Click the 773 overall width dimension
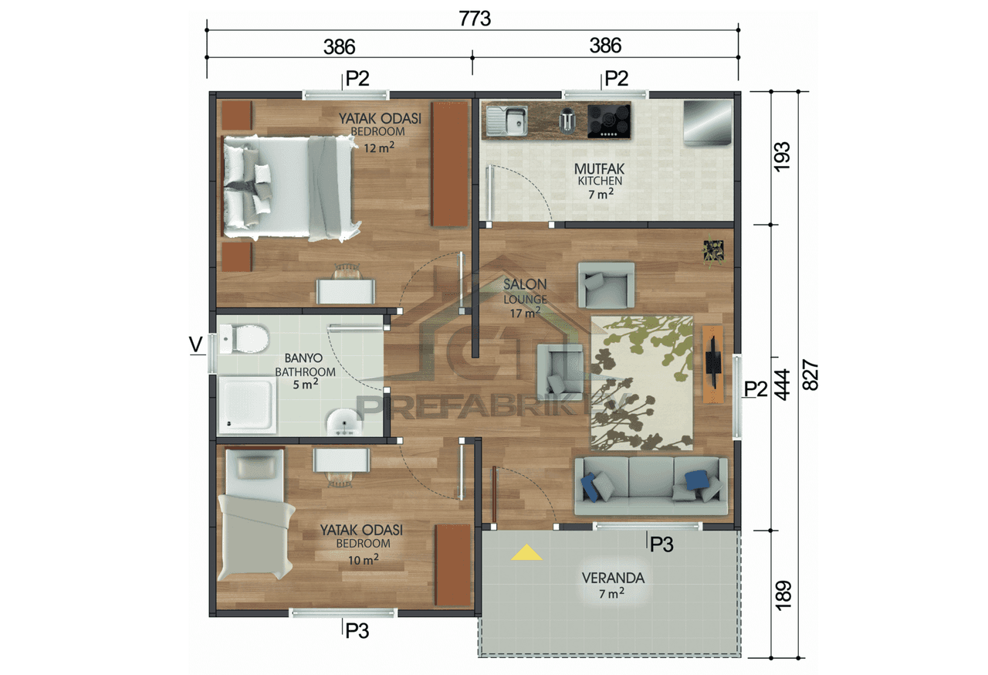coord(475,19)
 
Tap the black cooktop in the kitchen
coord(609,121)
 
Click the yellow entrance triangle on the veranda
coord(526,553)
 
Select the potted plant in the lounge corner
coord(713,249)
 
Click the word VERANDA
coord(614,578)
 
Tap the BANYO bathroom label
coord(303,358)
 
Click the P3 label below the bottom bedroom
coord(357,631)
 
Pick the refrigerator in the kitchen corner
coord(707,122)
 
